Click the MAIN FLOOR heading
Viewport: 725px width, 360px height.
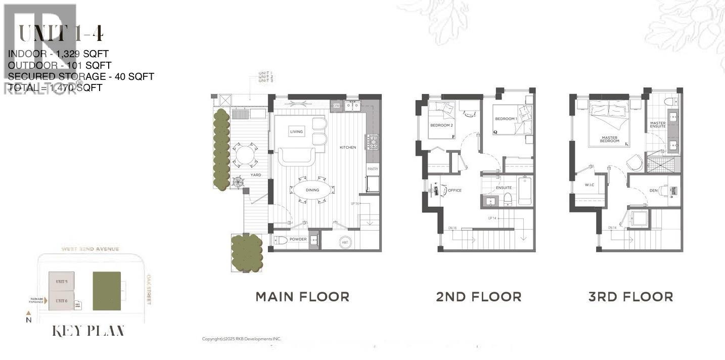tap(302, 297)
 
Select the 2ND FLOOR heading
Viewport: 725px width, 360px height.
tap(478, 297)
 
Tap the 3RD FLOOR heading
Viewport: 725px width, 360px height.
tap(630, 297)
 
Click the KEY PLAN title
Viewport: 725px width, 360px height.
tap(88, 331)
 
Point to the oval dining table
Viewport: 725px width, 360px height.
tap(312, 190)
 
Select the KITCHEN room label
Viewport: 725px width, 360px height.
tap(348, 147)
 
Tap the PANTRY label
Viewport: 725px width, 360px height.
tap(373, 169)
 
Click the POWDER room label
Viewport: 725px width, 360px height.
tap(298, 240)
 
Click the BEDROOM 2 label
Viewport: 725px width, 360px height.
tap(441, 124)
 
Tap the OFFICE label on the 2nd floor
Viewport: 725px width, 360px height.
tap(455, 191)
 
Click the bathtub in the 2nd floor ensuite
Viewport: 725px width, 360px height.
tap(524, 191)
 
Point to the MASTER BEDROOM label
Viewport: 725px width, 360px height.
tap(609, 139)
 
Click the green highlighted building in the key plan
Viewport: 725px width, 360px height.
tap(107, 291)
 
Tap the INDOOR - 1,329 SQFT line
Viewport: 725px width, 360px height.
tap(58, 53)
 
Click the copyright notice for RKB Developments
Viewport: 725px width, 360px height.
tap(241, 339)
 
